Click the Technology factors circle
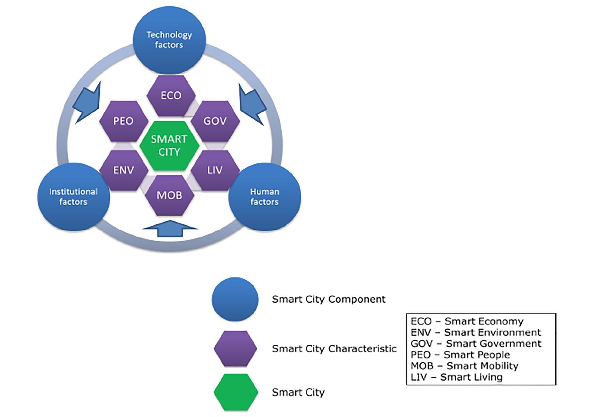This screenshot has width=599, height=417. [x=169, y=40]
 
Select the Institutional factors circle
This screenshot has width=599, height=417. [x=73, y=197]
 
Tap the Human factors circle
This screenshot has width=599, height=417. [x=264, y=197]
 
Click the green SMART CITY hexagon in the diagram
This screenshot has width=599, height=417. [x=169, y=146]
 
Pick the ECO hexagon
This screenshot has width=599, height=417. [x=171, y=95]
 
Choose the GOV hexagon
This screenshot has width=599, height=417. [x=215, y=121]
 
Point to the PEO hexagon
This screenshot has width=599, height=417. [x=123, y=121]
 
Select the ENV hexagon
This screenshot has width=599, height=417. [x=124, y=170]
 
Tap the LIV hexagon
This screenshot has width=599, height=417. [x=215, y=170]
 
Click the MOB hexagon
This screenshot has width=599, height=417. [x=170, y=195]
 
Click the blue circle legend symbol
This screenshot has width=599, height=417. [x=235, y=299]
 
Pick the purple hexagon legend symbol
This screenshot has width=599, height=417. [x=235, y=349]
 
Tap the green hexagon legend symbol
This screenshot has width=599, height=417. [x=236, y=392]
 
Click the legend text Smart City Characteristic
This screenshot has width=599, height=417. [x=334, y=349]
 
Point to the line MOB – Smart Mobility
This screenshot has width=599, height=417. [x=464, y=366]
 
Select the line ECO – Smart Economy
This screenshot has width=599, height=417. [x=467, y=321]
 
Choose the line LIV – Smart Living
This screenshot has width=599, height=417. [x=456, y=377]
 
